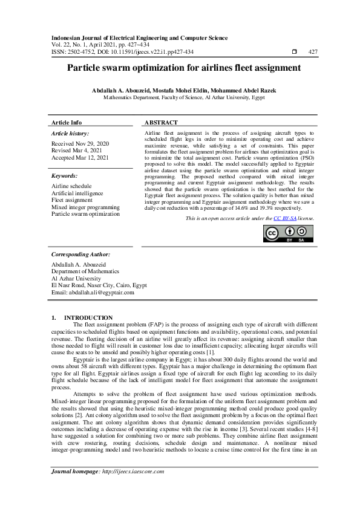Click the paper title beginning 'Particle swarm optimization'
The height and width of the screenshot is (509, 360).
click(x=180, y=69)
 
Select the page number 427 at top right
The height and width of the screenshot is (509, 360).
click(x=313, y=52)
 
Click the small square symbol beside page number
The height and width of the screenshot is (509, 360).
click(x=293, y=52)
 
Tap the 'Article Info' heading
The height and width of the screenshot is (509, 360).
click(x=67, y=122)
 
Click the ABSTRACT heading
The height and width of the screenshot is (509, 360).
click(x=162, y=122)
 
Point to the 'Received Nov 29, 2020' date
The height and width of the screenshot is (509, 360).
click(x=80, y=143)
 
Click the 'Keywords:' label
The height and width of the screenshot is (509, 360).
click(x=66, y=175)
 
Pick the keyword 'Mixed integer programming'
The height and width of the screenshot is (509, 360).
click(x=86, y=207)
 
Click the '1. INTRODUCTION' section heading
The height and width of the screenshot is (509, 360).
click(x=82, y=317)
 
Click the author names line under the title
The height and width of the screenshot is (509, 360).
click(x=180, y=89)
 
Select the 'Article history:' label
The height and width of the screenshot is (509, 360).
click(x=70, y=133)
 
